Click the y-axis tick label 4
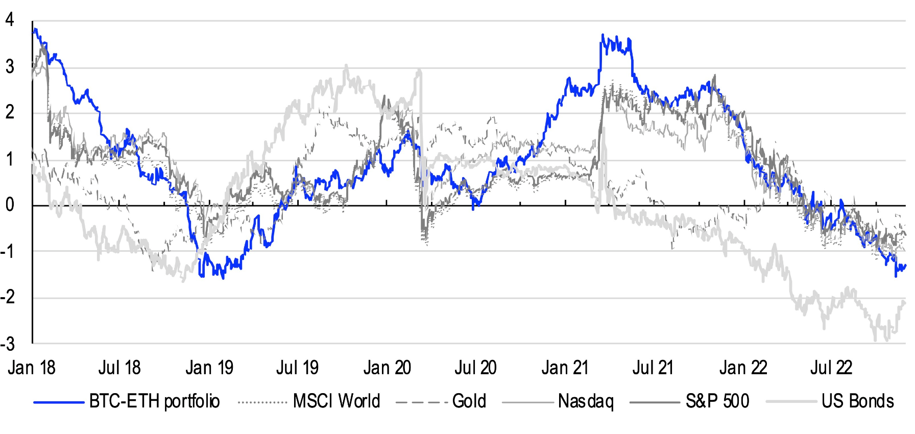(x=9, y=20)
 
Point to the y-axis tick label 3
(x=9, y=66)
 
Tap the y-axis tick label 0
(x=9, y=205)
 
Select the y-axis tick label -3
(x=8, y=344)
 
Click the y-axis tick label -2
(x=8, y=297)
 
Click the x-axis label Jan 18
(x=31, y=368)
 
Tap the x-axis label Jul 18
(x=119, y=368)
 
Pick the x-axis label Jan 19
(x=209, y=368)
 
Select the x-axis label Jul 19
(x=297, y=368)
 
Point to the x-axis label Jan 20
(x=387, y=368)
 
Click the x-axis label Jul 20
(x=475, y=368)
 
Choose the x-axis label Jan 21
(x=565, y=368)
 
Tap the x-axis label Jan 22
(x=743, y=368)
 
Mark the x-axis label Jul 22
(x=831, y=368)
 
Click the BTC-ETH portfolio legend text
(x=154, y=401)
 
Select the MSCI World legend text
(x=336, y=401)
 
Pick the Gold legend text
(x=469, y=401)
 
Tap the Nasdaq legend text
(x=586, y=401)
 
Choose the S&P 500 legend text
(x=717, y=401)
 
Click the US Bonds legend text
(x=858, y=401)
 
